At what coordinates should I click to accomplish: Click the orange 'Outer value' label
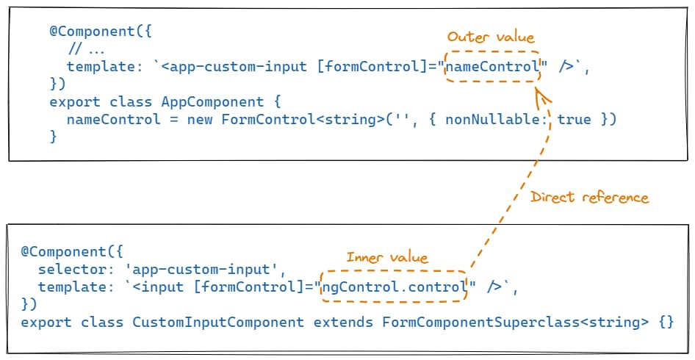[x=491, y=37]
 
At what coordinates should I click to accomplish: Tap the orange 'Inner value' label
[x=387, y=257]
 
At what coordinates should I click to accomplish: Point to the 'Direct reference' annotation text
[x=589, y=197]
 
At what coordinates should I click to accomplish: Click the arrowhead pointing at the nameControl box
[x=541, y=97]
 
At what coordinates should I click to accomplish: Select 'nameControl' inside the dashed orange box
[x=492, y=67]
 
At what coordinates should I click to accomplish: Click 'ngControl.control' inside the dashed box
[x=394, y=287]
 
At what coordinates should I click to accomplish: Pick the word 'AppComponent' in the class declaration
[x=212, y=102]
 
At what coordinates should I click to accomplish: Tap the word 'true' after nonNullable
[x=574, y=120]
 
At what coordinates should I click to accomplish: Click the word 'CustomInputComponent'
[x=218, y=322]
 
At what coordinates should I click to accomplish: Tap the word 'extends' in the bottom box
[x=343, y=323]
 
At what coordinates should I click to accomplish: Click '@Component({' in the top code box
[x=101, y=32]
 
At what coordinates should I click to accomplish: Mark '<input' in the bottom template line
[x=158, y=287]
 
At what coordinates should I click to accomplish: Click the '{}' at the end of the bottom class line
[x=666, y=322]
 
